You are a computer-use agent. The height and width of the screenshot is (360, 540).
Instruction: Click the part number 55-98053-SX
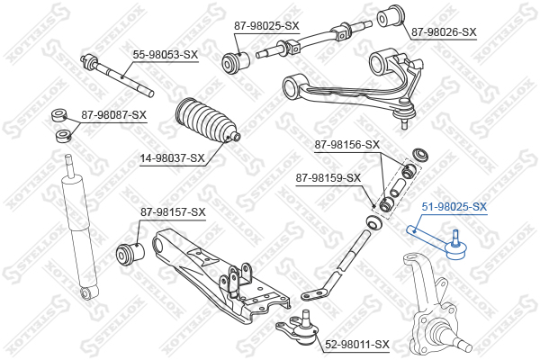pos(166,54)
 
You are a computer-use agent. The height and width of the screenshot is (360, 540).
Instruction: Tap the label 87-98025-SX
pos(266,26)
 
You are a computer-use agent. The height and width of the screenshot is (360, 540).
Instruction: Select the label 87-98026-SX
pos(444,32)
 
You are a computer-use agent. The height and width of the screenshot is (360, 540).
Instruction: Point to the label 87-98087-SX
pos(114,114)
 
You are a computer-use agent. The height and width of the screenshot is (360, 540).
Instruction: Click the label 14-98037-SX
pos(172,158)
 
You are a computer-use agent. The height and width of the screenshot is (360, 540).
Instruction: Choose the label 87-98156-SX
pos(347,145)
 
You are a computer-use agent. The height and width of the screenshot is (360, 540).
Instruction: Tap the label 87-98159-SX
pos(328,178)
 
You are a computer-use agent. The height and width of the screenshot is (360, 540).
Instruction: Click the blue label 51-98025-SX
pos(454,207)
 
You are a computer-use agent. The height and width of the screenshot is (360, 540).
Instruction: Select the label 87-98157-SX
pos(173,212)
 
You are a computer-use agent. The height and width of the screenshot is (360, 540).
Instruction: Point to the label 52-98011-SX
pos(356,345)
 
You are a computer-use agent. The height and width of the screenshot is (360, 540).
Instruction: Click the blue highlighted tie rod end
pos(436,242)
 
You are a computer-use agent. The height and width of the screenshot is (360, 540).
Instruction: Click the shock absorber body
pos(79,228)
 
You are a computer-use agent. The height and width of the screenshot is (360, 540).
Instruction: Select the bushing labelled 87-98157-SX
pos(130,254)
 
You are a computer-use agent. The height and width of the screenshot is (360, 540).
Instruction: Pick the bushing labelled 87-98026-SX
pos(391,16)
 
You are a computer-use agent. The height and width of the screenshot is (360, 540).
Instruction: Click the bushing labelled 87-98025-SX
pos(236,62)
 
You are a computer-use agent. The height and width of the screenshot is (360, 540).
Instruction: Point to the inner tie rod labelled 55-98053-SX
pos(117,75)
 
